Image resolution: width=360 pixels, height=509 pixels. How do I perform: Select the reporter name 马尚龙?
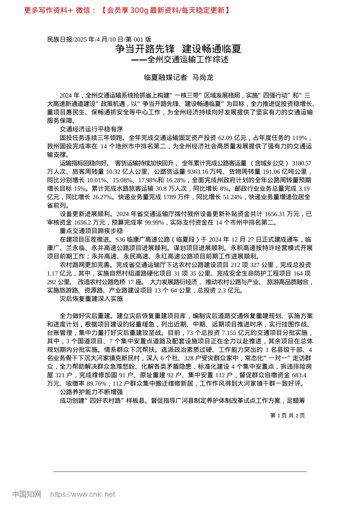[203, 78]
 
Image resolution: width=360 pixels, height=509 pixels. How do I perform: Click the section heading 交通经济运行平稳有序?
[91, 129]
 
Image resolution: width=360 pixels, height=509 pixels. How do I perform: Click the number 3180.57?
[302, 163]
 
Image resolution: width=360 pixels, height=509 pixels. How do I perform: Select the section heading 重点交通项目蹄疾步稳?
[91, 231]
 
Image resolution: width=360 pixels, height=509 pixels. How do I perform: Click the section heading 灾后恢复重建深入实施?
[91, 299]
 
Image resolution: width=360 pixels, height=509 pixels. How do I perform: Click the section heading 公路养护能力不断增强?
[91, 392]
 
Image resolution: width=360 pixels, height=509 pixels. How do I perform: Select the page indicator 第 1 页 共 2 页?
[288, 415]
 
